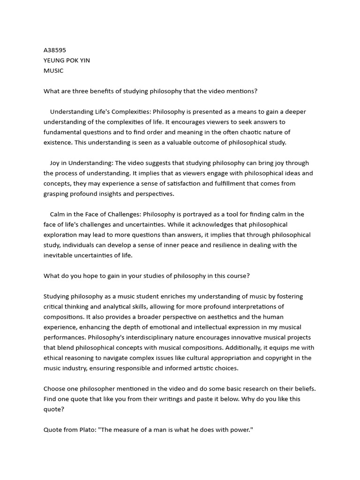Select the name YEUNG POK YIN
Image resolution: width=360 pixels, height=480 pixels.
(67, 60)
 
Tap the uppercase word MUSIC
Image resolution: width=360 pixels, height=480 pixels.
(53, 71)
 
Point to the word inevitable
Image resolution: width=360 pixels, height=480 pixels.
(59, 255)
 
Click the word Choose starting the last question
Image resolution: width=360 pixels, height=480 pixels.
(55, 389)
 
